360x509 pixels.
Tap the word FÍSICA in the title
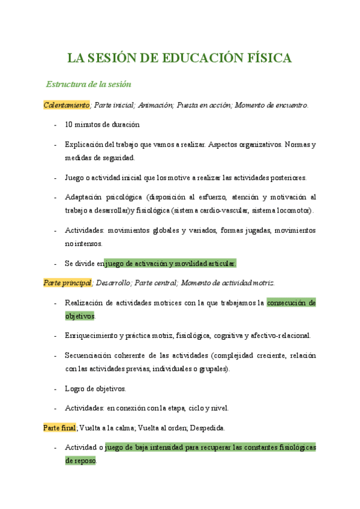tap(269, 58)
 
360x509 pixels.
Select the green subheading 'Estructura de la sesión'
tap(88, 84)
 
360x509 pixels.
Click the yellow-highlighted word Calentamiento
tap(66, 105)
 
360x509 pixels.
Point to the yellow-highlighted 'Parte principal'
tap(67, 283)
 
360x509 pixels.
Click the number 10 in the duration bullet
tap(69, 125)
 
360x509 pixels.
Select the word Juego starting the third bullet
tap(74, 178)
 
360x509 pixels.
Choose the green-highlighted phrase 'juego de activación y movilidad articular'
tap(170, 264)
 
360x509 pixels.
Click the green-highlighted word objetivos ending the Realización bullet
tap(80, 316)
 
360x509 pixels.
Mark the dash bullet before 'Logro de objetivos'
tap(56, 388)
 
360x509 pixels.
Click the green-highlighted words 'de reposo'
tap(80, 460)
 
